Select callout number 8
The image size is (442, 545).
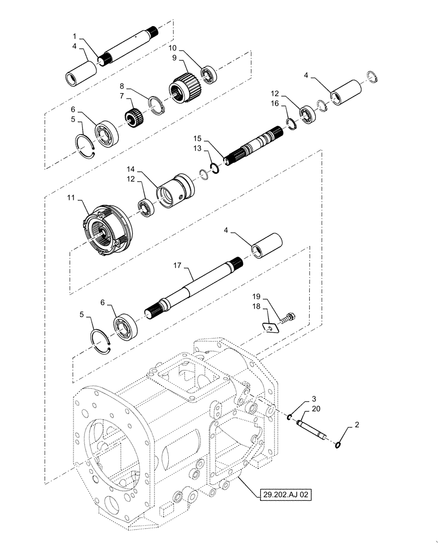(123, 86)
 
